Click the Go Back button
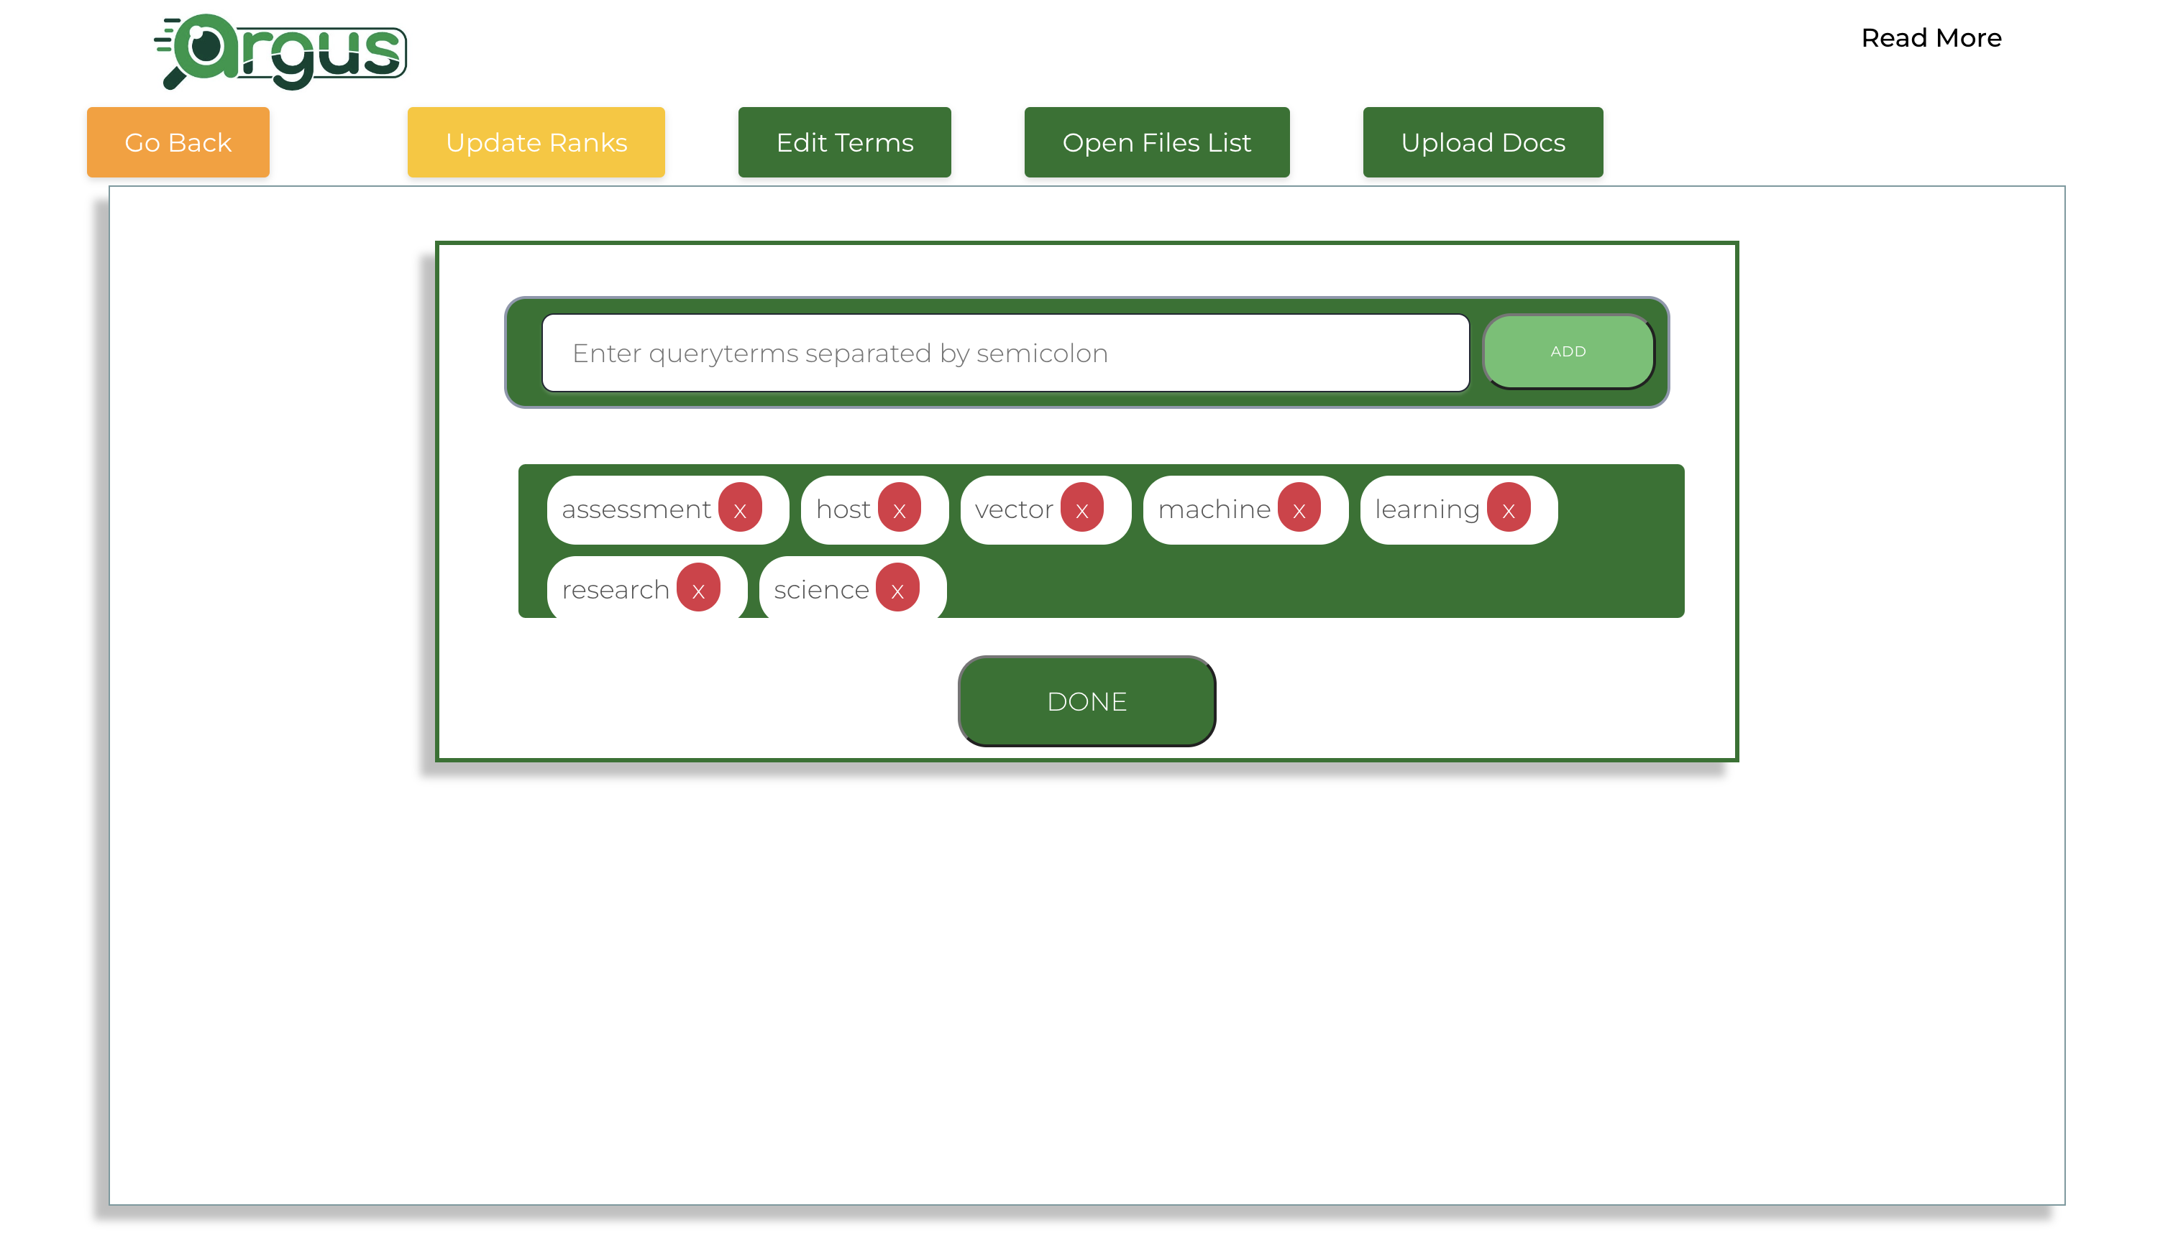pyautogui.click(x=178, y=142)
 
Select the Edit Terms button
pyautogui.click(x=845, y=142)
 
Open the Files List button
pyautogui.click(x=1156, y=142)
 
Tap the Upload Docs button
pyautogui.click(x=1483, y=142)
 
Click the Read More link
pyautogui.click(x=1931, y=38)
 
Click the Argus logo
pyautogui.click(x=280, y=52)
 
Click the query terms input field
pyautogui.click(x=1005, y=353)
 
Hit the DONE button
pyautogui.click(x=1087, y=701)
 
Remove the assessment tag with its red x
pyautogui.click(x=741, y=508)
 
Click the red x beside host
pyautogui.click(x=900, y=508)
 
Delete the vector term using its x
pyautogui.click(x=1082, y=508)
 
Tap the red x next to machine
pyautogui.click(x=1299, y=508)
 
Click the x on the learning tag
pyautogui.click(x=1509, y=508)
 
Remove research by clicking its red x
pyautogui.click(x=699, y=588)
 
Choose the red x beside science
pyautogui.click(x=898, y=588)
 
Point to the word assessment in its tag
pyautogui.click(x=636, y=509)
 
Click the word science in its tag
pyautogui.click(x=821, y=589)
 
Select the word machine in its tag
pyautogui.click(x=1214, y=509)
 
